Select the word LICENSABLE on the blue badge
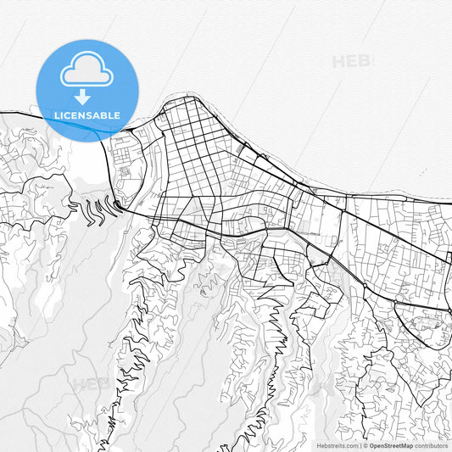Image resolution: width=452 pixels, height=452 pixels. (x=86, y=115)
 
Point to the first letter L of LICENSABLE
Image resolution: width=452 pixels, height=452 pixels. (x=56, y=115)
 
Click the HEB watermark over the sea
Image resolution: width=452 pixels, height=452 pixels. (x=351, y=61)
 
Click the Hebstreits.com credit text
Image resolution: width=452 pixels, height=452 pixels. (x=338, y=444)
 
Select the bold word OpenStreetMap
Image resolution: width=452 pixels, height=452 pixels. (x=391, y=444)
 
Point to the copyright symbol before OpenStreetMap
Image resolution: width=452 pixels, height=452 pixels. (x=366, y=444)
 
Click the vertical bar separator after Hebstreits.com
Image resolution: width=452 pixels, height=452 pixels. (x=360, y=444)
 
